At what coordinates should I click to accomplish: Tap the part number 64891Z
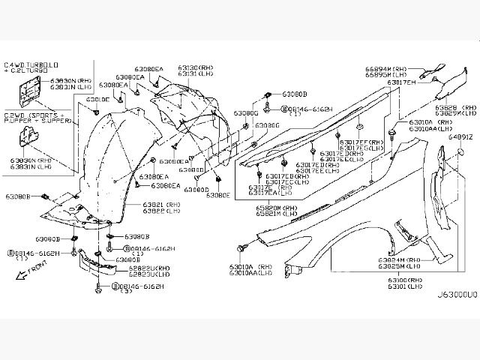(x=460, y=137)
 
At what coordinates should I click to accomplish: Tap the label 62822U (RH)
(x=148, y=268)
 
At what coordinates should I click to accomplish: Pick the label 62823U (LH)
(x=148, y=274)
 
